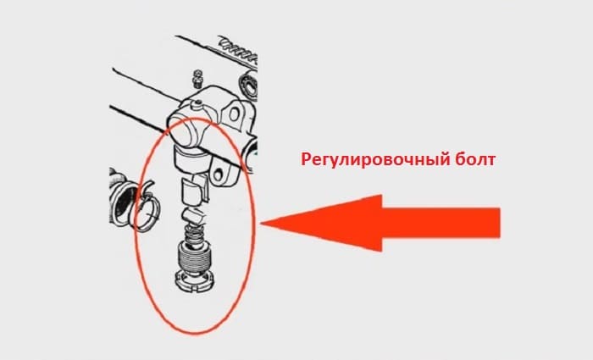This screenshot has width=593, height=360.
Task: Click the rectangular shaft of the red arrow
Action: pyautogui.click(x=441, y=223)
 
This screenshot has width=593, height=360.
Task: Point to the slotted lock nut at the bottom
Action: pyautogui.click(x=197, y=282)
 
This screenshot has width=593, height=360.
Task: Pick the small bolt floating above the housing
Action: pyautogui.click(x=197, y=78)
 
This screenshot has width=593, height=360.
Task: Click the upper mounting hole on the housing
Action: pyautogui.click(x=234, y=114)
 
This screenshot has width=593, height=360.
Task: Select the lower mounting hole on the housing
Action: pyautogui.click(x=219, y=174)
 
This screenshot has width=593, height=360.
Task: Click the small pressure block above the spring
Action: pyautogui.click(x=194, y=216)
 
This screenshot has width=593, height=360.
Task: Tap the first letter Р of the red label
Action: pyautogui.click(x=306, y=159)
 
